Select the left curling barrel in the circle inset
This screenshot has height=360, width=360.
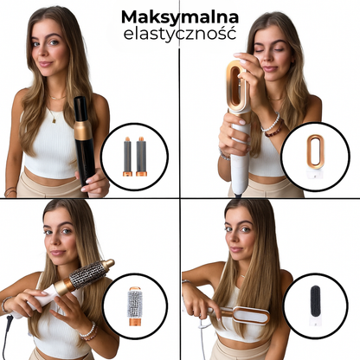[127, 156]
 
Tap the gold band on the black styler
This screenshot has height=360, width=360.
[83, 130]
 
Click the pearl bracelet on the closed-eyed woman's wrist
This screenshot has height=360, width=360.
[273, 124]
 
